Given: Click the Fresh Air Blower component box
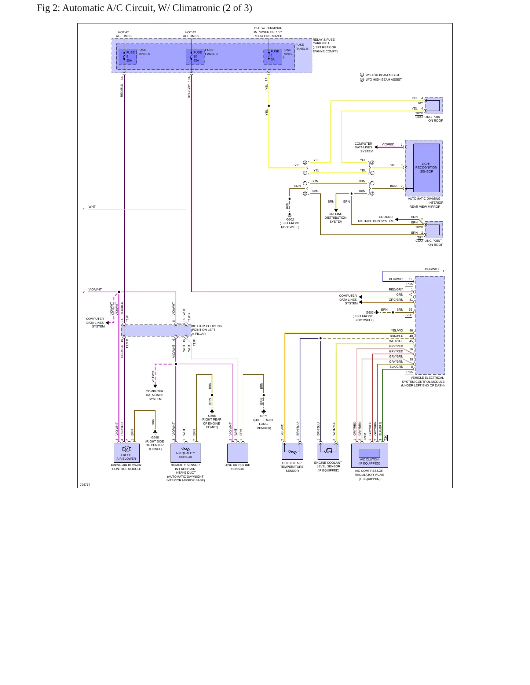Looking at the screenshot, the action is click(x=127, y=453).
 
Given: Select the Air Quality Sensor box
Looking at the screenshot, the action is click(x=186, y=453).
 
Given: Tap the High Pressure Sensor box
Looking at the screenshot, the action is click(x=238, y=453).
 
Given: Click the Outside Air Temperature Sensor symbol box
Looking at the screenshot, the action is click(x=292, y=451).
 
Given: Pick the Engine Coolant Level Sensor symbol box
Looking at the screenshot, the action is click(x=328, y=451).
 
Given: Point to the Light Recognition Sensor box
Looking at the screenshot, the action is click(x=426, y=168).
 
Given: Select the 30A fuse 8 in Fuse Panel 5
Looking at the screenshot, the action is click(x=128, y=56).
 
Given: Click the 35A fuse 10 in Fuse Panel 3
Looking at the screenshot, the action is click(x=195, y=56).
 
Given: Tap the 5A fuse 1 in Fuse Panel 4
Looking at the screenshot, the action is click(x=273, y=56).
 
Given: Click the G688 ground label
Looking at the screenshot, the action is click(x=155, y=437).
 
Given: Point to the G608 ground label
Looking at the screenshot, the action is click(x=212, y=416).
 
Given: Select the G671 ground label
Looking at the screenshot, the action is click(x=264, y=416).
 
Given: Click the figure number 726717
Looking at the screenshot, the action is click(x=85, y=485).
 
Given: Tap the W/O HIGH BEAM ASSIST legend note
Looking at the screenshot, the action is click(x=384, y=79).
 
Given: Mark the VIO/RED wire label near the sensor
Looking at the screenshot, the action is click(x=388, y=144).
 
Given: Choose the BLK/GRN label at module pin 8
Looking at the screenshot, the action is click(x=396, y=367).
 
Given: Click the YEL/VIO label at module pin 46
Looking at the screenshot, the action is click(x=397, y=330).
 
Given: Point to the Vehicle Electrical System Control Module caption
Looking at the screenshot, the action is click(x=423, y=381).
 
